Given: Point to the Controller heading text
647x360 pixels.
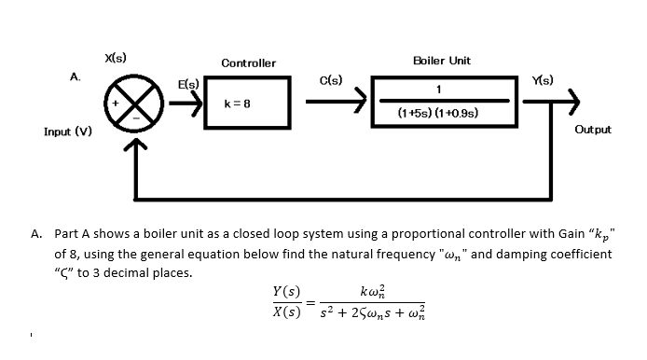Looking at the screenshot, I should pos(248,63).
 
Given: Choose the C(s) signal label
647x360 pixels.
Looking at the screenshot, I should pos(331,80).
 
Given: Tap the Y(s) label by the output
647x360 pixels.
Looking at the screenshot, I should pos(542,79).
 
